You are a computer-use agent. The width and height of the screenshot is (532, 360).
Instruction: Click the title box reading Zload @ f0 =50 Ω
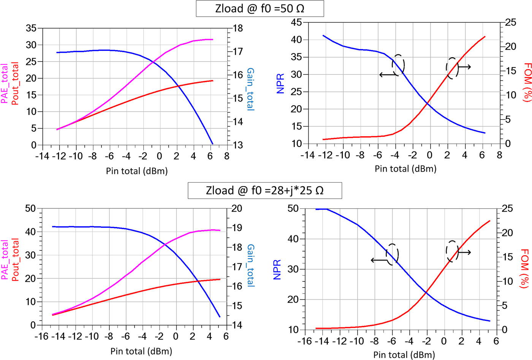(260, 8)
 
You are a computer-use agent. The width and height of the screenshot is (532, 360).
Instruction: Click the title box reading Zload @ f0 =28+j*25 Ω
(264, 190)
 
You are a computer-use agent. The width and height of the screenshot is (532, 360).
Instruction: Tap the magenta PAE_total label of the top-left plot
(5, 84)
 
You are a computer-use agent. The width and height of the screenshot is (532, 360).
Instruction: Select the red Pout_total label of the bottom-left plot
(15, 260)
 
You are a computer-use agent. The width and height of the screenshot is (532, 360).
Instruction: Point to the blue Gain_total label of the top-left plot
(250, 89)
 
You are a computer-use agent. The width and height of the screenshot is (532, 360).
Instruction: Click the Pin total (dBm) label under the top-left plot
(137, 171)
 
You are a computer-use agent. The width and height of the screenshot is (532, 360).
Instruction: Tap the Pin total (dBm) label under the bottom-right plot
(404, 355)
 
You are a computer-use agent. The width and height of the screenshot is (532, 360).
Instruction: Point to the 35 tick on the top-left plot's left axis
(31, 28)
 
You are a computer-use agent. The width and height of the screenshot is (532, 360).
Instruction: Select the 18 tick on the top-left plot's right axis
(238, 28)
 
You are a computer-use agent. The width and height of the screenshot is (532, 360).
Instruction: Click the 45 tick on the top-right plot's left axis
(296, 23)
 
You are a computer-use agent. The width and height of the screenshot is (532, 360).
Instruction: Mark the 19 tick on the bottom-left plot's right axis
(237, 228)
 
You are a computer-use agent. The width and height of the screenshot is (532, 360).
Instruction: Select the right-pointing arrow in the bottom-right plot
(464, 253)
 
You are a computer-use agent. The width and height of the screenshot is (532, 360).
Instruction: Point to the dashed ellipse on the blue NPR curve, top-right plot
(398, 65)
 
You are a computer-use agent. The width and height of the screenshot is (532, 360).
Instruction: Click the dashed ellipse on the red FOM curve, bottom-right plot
(452, 251)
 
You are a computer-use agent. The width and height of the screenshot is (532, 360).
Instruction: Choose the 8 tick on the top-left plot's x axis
(227, 156)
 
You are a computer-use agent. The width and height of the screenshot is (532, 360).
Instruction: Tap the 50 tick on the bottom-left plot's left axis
(30, 208)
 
